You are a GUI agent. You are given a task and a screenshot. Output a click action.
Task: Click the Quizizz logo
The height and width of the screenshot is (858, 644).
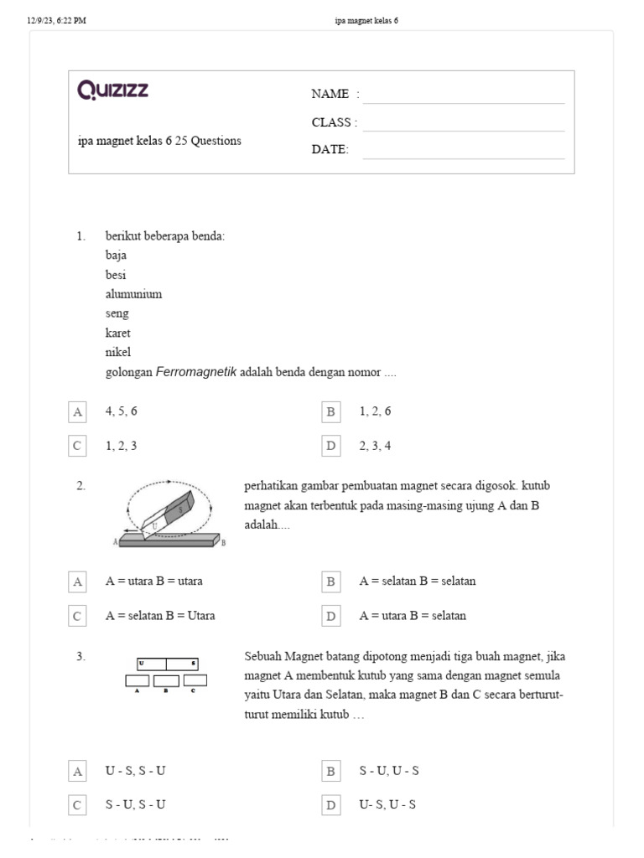tap(112, 90)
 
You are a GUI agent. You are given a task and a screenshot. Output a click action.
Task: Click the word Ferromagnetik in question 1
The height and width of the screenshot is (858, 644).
tap(196, 372)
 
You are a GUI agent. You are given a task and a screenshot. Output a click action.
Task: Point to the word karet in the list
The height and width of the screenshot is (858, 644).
tap(118, 333)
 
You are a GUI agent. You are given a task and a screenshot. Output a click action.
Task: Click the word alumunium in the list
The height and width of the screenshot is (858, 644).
tap(133, 294)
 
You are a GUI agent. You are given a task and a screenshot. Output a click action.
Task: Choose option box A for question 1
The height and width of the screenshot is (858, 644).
tap(78, 411)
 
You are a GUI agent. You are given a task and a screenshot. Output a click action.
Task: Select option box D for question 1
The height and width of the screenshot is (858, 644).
tap(331, 446)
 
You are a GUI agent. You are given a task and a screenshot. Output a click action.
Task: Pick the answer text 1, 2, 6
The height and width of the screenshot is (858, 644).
tap(375, 411)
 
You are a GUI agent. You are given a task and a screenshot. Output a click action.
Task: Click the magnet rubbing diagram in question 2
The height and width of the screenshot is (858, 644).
tap(170, 514)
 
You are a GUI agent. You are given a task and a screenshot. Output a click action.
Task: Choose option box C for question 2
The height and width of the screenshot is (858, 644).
tap(78, 616)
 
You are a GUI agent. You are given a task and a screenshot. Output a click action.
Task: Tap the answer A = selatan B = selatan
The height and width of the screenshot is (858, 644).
tap(418, 581)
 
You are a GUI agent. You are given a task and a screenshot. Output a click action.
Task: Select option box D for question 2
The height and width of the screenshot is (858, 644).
tap(331, 616)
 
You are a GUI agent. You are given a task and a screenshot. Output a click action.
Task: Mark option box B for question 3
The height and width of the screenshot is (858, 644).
tap(331, 771)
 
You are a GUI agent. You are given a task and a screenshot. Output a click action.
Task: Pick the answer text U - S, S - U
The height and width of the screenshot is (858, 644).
tap(141, 771)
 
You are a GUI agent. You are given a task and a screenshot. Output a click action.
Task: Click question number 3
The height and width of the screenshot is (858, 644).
tap(80, 656)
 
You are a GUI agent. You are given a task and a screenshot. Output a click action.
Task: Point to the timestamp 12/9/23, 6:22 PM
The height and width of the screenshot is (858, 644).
tap(57, 21)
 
